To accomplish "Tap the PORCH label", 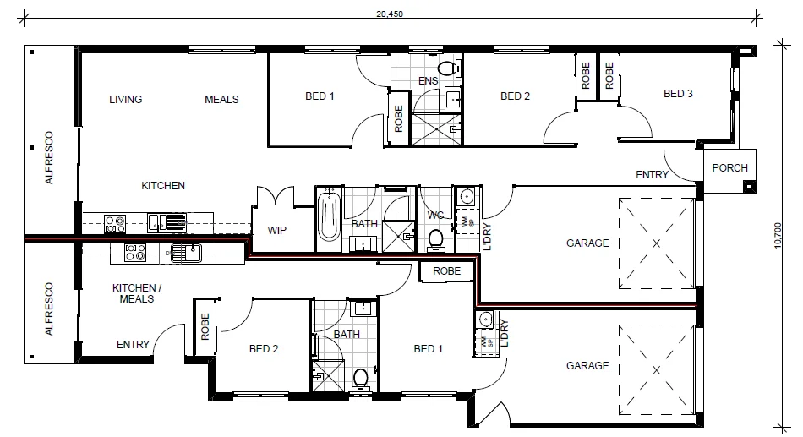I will pyautogui.click(x=729, y=167).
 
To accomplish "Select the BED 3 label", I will pyautogui.click(x=677, y=94).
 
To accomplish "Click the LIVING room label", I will pyautogui.click(x=125, y=99).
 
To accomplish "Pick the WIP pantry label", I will pyautogui.click(x=277, y=230).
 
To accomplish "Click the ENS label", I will pyautogui.click(x=428, y=81).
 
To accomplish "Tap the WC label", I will pyautogui.click(x=435, y=216).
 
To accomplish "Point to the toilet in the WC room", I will pyautogui.click(x=436, y=239).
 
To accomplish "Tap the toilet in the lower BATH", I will pyautogui.click(x=361, y=377).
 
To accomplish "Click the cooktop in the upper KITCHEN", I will pyautogui.click(x=115, y=224).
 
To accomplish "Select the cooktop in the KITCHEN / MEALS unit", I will pyautogui.click(x=135, y=251).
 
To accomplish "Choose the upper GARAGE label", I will pyautogui.click(x=587, y=243).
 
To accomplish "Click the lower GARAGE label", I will pyautogui.click(x=587, y=366).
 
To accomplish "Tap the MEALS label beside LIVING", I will pyautogui.click(x=221, y=99).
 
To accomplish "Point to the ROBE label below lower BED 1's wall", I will pyautogui.click(x=446, y=271).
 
